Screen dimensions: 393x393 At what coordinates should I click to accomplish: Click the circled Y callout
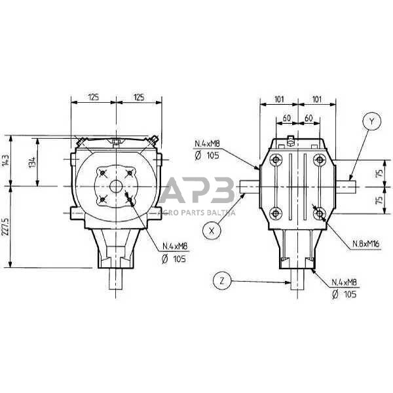pyautogui.click(x=371, y=122)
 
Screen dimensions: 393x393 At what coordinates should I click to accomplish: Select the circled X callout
pyautogui.click(x=211, y=229)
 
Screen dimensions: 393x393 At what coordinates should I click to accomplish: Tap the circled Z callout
pyautogui.click(x=221, y=282)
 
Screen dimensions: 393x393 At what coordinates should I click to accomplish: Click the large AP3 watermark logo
pyautogui.click(x=196, y=191)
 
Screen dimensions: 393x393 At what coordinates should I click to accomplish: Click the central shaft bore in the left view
pyautogui.click(x=116, y=186)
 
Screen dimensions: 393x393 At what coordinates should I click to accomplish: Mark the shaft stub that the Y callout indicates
pyautogui.click(x=347, y=187)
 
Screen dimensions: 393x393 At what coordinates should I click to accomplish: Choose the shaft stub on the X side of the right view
pyautogui.click(x=250, y=187)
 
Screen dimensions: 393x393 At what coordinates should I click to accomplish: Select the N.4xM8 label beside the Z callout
pyautogui.click(x=345, y=282)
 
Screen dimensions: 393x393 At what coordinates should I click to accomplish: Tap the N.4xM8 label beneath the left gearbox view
pyautogui.click(x=175, y=247)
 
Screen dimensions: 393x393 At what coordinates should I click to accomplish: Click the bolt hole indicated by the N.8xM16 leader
pyautogui.click(x=319, y=213)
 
